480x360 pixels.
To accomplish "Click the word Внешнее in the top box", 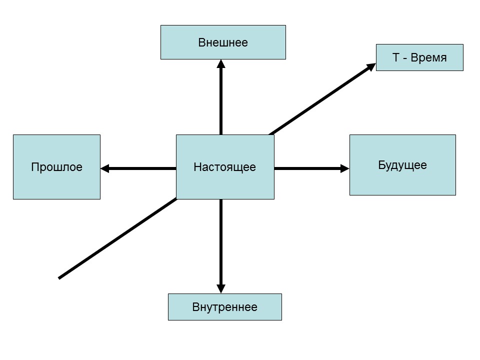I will point(223,42).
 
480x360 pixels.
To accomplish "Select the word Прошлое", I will point(56,167).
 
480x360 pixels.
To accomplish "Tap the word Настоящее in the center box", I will point(224,167).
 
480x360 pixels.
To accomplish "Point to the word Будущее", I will point(402,165).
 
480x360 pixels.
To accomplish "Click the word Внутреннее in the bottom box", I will point(224,307).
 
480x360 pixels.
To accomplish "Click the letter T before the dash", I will point(395,58).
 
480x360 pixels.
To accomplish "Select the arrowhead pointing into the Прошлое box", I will point(104,168).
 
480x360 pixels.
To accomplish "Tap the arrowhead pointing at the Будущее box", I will point(344,168).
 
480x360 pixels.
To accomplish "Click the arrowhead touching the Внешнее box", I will point(221,63).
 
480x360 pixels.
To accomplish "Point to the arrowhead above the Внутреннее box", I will point(221,288).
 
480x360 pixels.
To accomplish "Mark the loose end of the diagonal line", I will point(59,277).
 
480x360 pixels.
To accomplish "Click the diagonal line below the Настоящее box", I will point(117,238).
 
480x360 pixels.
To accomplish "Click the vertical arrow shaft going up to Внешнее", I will point(221,100).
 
